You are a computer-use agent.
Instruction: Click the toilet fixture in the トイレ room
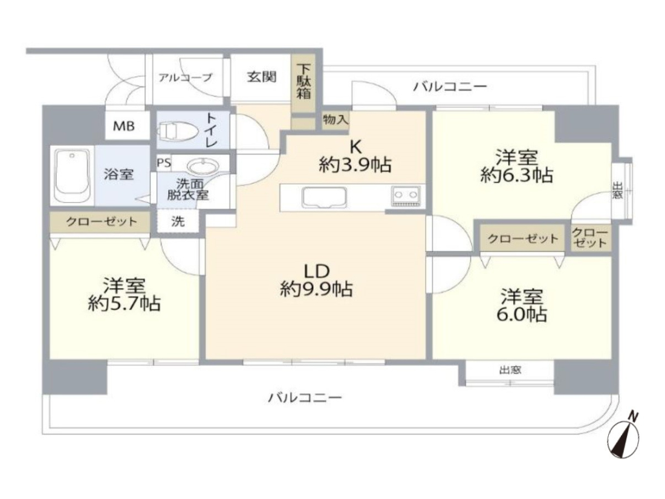click(x=178, y=131)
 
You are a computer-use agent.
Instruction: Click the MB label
click(x=124, y=126)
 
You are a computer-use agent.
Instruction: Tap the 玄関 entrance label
click(x=262, y=77)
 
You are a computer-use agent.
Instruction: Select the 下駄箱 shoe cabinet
click(x=303, y=82)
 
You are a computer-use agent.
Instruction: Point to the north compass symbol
click(x=623, y=437)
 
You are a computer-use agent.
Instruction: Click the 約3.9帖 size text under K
click(x=355, y=165)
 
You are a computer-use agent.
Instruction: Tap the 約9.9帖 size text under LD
click(x=316, y=289)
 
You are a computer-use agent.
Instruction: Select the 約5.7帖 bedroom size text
click(x=125, y=304)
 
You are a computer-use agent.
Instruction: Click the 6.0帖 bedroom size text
click(x=522, y=315)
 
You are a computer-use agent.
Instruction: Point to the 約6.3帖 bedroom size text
click(x=516, y=175)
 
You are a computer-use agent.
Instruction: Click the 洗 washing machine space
click(x=178, y=221)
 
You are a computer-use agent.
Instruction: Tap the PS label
click(x=164, y=163)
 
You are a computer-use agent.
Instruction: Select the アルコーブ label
click(x=185, y=77)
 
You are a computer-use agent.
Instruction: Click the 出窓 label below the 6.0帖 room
click(x=510, y=370)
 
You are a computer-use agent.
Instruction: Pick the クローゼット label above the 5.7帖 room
click(x=102, y=221)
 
